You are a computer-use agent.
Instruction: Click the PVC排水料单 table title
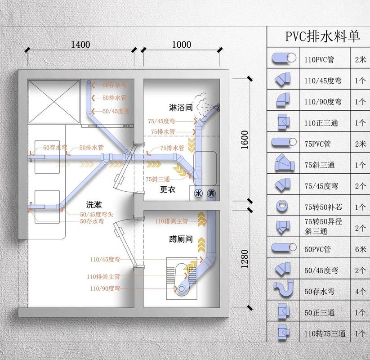[323, 36]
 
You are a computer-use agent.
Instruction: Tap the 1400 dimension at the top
[80, 44]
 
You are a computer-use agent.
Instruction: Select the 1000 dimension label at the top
[181, 44]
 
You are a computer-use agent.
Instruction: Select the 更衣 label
[167, 190]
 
